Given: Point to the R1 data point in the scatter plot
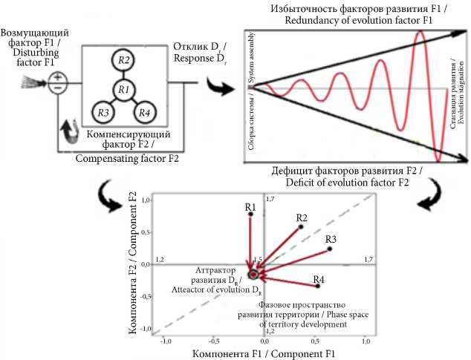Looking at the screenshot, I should (x=250, y=214).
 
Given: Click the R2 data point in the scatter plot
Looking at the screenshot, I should (x=301, y=226).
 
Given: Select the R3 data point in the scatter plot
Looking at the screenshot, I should (x=329, y=249).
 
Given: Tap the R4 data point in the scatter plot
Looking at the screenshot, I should (x=318, y=286).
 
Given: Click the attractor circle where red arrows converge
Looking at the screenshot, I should (x=253, y=275).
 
